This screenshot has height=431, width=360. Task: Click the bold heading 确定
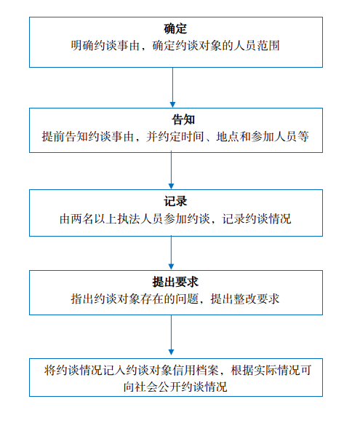point(175,29)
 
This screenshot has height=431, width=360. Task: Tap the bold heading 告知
point(183,119)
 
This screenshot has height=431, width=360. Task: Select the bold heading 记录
point(175,201)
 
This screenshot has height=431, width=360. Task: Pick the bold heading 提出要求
point(175,282)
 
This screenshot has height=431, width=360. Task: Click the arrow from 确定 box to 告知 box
point(172,87)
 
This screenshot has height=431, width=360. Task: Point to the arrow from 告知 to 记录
point(171,170)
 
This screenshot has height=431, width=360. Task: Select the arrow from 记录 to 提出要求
point(171,253)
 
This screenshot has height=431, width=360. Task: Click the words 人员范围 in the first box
point(257,46)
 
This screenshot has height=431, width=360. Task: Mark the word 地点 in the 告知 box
point(228,137)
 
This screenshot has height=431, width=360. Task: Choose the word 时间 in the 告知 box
point(193,137)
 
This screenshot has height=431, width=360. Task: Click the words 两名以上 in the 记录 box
point(95,219)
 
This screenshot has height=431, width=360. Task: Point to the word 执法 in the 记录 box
point(129,219)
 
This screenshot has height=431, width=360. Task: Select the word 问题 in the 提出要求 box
point(188,299)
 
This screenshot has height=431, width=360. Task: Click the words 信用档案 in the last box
point(196,371)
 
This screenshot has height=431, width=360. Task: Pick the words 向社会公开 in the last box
point(152,387)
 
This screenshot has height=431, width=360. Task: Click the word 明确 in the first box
point(83,46)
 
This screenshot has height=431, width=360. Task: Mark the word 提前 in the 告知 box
point(54,137)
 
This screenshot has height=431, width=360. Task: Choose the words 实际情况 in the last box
point(277,371)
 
